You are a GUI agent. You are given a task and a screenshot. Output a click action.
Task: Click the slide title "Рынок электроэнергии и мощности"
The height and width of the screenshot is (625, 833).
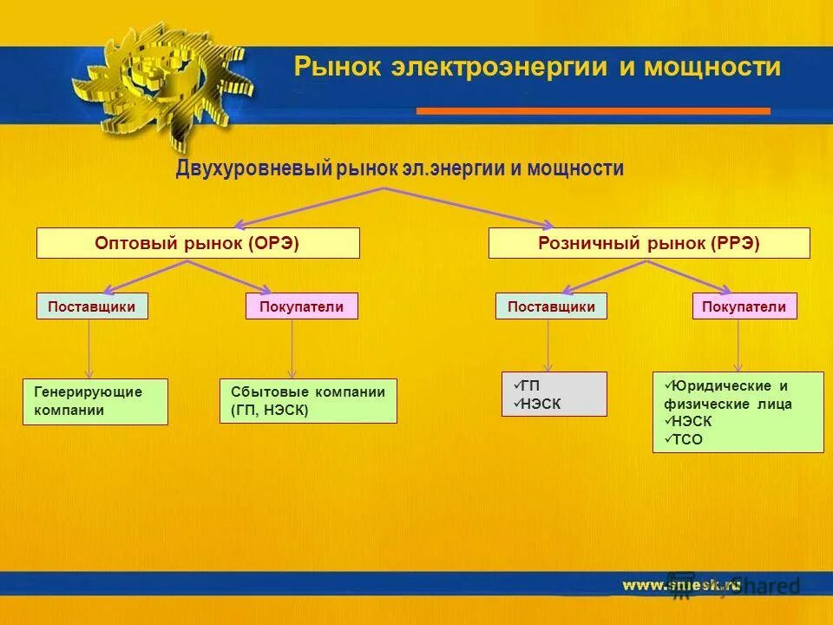(537, 67)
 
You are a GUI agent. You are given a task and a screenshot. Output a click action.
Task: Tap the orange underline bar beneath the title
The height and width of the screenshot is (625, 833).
(593, 111)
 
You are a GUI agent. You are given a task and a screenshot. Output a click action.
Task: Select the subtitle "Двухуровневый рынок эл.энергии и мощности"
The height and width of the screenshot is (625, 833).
(399, 168)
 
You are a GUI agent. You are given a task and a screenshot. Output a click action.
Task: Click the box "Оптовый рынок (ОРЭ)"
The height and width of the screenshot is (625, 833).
(198, 243)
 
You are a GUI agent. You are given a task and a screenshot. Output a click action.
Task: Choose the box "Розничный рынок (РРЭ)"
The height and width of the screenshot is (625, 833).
(649, 243)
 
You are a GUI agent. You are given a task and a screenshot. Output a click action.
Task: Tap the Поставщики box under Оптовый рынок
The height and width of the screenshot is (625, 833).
(92, 306)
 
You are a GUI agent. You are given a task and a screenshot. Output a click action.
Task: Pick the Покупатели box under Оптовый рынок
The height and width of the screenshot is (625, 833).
(301, 306)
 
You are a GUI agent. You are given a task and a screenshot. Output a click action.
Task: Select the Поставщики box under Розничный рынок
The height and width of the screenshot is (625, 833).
(551, 306)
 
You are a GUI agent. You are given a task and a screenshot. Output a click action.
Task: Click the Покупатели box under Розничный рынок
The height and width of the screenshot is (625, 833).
(744, 306)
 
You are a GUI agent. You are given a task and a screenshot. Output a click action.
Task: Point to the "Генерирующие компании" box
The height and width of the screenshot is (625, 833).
(95, 401)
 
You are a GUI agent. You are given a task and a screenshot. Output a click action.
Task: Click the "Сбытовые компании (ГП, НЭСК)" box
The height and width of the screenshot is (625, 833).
(308, 401)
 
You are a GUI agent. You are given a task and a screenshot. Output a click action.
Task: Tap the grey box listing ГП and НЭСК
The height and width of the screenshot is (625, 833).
(554, 394)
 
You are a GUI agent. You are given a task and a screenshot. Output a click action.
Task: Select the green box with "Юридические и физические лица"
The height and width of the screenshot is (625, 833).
(738, 412)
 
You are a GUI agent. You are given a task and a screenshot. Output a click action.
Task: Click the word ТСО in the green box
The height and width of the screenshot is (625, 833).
(685, 440)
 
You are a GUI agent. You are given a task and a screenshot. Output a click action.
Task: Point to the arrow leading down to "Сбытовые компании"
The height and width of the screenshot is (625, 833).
(292, 349)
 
